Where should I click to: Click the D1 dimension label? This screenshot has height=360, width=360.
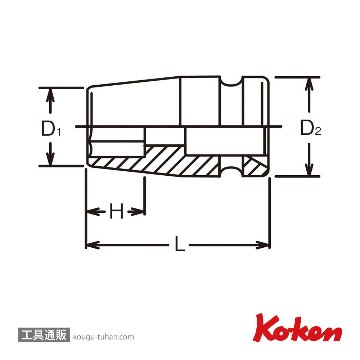pos(51,129)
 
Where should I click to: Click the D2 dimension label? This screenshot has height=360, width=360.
pos(311,128)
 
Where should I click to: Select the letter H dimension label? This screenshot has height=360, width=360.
pos(116,211)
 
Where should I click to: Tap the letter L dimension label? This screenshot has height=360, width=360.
pos(180,245)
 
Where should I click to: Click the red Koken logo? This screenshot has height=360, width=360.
pos(297,328)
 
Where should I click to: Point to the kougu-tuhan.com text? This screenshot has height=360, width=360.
pos(103,337)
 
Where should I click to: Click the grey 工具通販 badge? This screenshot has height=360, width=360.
pos(43,336)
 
